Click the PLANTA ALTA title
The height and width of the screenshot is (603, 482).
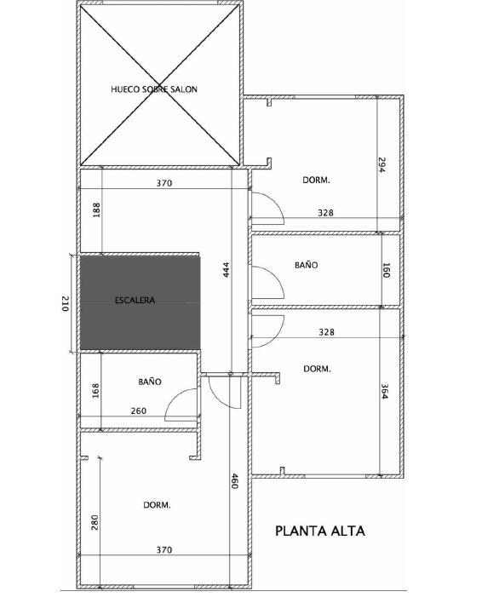(320, 531)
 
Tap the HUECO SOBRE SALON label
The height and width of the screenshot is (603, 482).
(154, 89)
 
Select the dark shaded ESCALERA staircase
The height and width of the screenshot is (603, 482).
(141, 303)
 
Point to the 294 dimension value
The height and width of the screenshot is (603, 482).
(381, 164)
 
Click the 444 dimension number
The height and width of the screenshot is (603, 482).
(226, 270)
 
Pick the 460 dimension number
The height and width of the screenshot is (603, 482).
(234, 481)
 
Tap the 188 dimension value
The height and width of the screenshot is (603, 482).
(95, 210)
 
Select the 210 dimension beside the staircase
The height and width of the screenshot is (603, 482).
(65, 304)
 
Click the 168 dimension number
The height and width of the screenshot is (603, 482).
(95, 391)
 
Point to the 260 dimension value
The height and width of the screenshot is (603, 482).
(138, 411)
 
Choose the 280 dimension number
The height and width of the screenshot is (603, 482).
(95, 522)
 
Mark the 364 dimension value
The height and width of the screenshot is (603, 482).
(384, 392)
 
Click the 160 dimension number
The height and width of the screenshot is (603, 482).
(387, 270)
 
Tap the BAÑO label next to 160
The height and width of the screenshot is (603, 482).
(307, 265)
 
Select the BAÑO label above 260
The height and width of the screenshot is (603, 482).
(150, 382)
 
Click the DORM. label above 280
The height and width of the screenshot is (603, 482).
(157, 505)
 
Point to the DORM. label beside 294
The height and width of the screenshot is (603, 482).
(316, 180)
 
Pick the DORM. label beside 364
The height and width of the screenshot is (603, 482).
(317, 369)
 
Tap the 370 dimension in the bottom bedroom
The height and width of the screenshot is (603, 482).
(164, 550)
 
